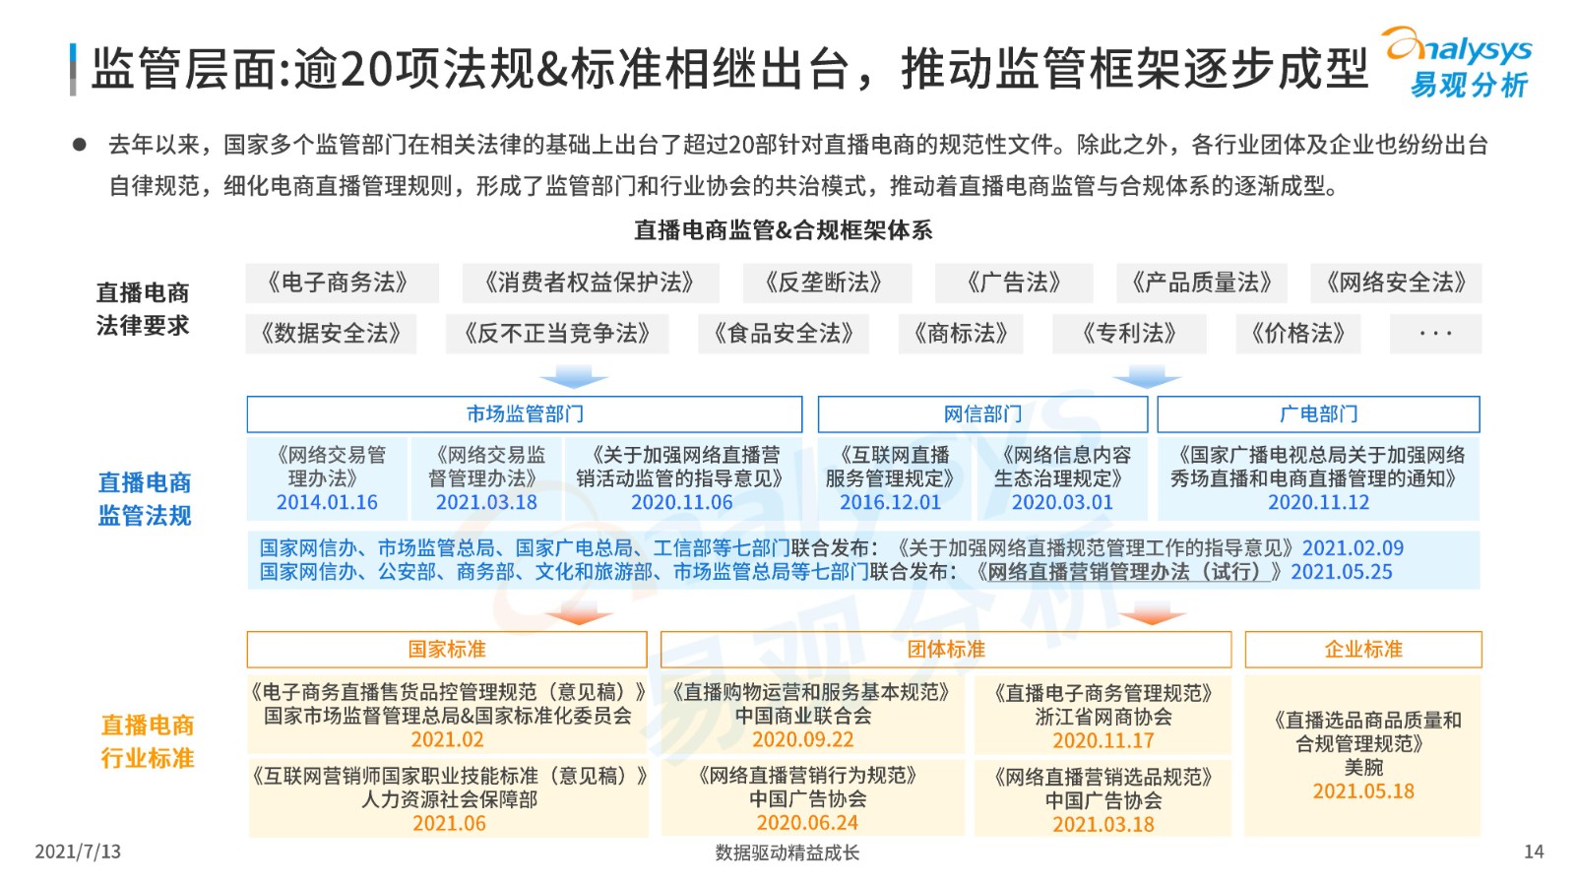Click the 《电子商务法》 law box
coord(342,283)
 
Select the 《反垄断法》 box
coord(827,283)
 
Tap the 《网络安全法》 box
coord(1396,283)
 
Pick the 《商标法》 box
coord(961,333)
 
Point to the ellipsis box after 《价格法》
coord(1436,333)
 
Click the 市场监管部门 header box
coord(525,414)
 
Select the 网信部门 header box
coord(982,414)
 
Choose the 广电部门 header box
coord(1318,414)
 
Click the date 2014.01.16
coord(327,503)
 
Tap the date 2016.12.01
coord(890,503)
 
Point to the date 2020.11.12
coord(1318,503)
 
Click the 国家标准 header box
coord(447,649)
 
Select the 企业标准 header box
coord(1363,649)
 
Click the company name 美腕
coord(1363,767)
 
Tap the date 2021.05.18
coord(1363,791)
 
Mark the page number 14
coord(1534,852)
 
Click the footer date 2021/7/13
coord(78,852)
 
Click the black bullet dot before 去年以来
coord(80,145)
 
